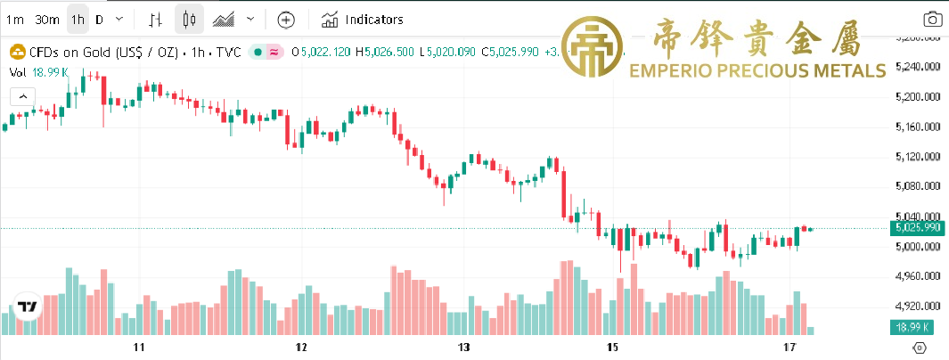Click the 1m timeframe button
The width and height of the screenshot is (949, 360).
pos(15,19)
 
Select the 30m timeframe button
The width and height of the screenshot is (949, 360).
pos(47,19)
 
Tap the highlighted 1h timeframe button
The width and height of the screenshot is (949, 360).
pos(78,19)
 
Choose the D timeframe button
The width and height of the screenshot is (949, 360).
pos(99,19)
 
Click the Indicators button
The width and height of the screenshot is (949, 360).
pos(363,19)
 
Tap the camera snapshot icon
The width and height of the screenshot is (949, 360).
pos(933,19)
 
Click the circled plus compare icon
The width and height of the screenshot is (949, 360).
pos(285,19)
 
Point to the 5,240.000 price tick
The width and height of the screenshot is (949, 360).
pos(917,67)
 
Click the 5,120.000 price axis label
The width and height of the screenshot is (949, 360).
pos(917,157)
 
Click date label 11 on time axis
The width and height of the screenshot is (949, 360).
pos(138,346)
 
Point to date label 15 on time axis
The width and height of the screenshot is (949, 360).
pos(611,346)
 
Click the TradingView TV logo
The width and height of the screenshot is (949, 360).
pos(27,307)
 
